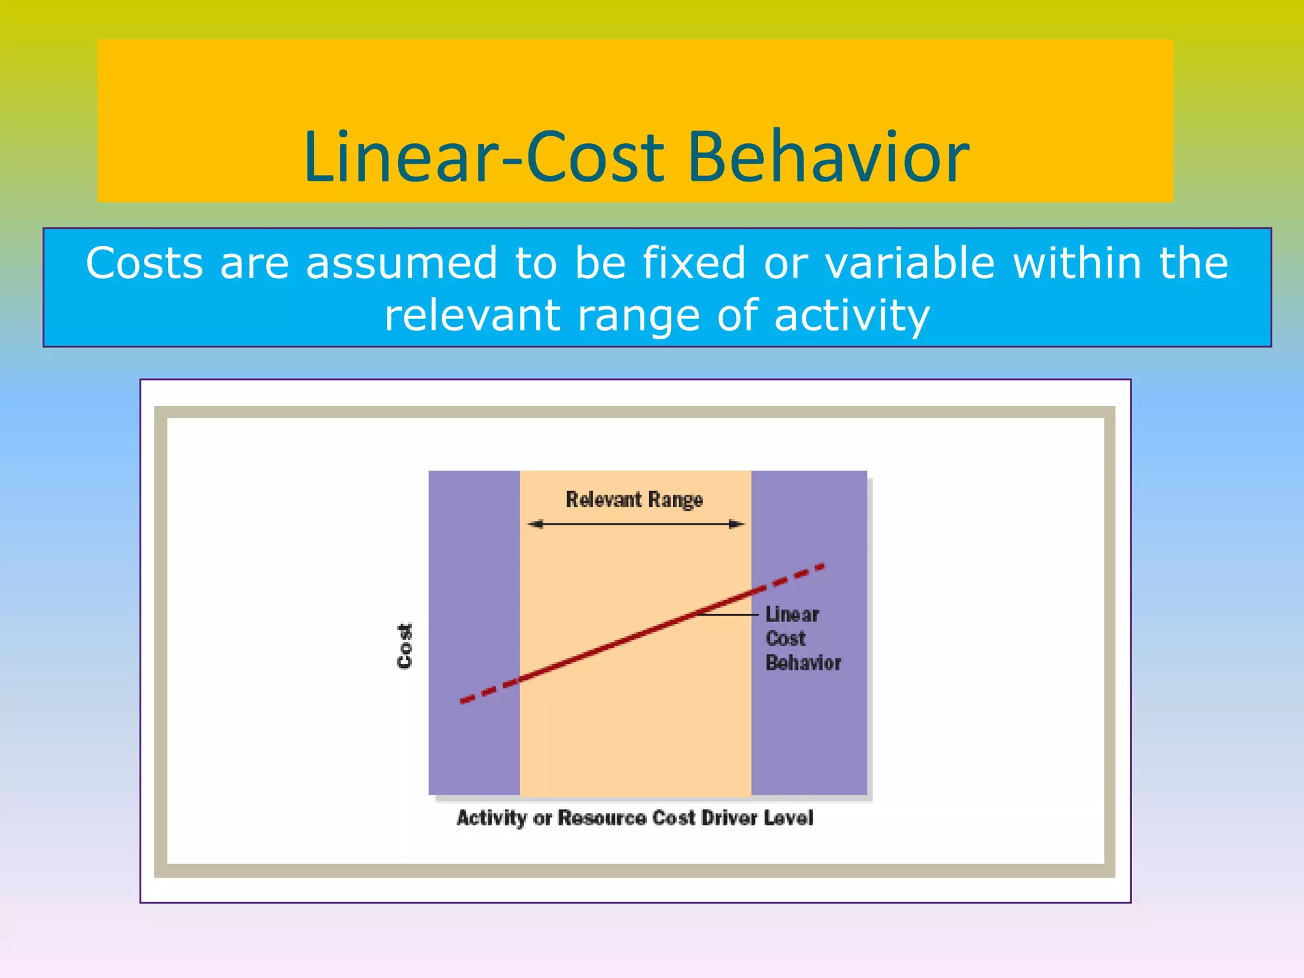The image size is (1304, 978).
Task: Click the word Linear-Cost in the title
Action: click(x=484, y=157)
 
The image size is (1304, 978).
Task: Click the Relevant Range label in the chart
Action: click(x=634, y=499)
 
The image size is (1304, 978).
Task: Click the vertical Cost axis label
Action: click(x=405, y=646)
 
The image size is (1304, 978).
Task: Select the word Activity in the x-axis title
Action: click(x=492, y=818)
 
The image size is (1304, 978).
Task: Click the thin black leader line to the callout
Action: click(x=729, y=614)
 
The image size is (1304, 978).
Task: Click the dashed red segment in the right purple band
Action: click(x=790, y=578)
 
